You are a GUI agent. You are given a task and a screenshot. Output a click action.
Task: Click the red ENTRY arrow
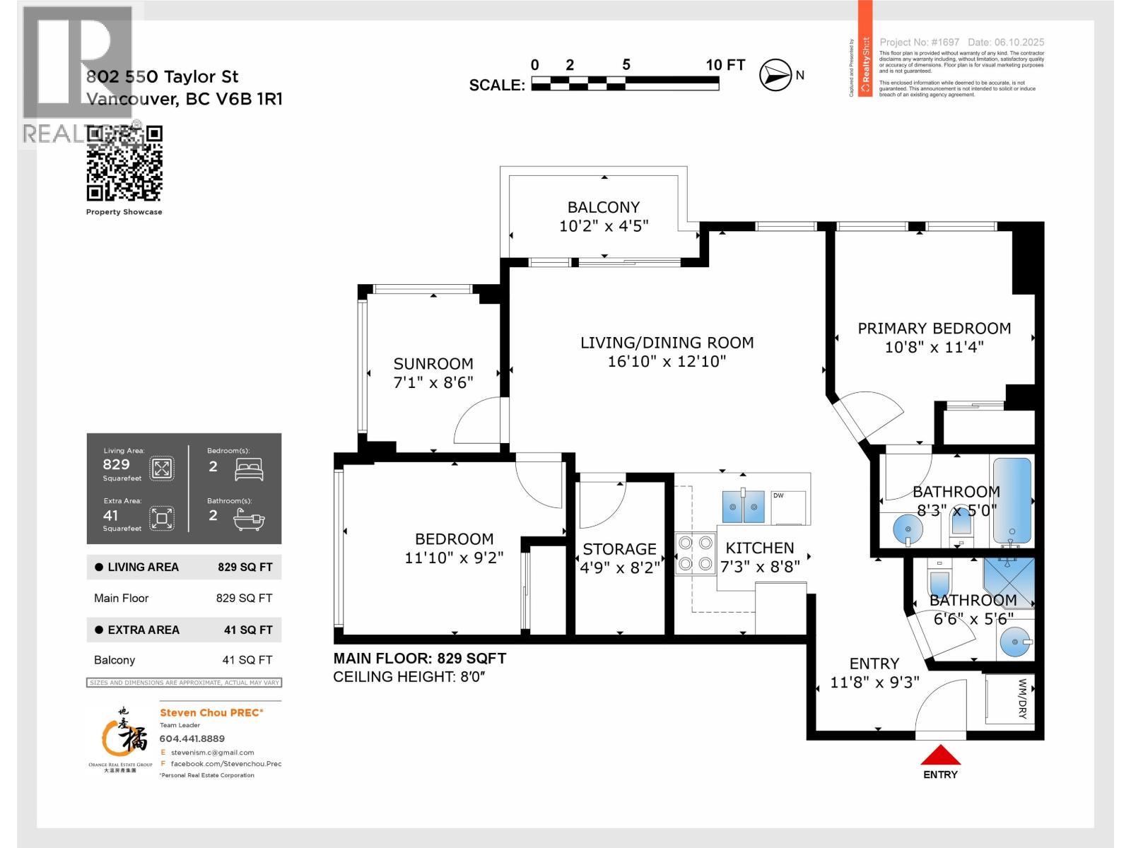pos(940,756)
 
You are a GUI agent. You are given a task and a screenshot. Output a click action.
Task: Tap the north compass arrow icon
pos(775,75)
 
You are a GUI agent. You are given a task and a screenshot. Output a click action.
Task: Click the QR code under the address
pos(124,164)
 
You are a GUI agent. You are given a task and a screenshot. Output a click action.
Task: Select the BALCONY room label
pos(603,207)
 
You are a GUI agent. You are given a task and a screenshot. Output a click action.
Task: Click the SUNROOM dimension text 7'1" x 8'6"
pos(433,382)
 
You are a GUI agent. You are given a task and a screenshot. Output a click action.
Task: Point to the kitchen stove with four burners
pos(694,553)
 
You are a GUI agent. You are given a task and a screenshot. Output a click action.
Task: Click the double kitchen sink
pos(744,507)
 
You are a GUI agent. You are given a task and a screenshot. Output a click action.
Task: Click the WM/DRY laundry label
pos(1022,699)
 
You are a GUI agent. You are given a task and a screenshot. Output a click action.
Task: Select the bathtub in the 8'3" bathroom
pos(1012,501)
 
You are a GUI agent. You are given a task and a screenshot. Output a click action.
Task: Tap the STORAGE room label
pos(619,549)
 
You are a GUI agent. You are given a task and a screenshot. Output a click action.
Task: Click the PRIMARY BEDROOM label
pos(934,329)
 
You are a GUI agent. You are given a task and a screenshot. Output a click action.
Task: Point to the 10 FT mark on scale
pos(725,65)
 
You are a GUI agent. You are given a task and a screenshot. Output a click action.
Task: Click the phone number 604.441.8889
pos(192,738)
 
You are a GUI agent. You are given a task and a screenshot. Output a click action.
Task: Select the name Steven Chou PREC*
pos(211,712)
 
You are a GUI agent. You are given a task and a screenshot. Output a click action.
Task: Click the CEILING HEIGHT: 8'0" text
pos(409,677)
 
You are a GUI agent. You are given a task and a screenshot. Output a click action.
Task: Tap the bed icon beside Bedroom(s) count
pos(249,469)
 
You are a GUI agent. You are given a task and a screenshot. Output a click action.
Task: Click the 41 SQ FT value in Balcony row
pos(247,660)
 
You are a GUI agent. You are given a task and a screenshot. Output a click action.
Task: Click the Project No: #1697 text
pos(919,42)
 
